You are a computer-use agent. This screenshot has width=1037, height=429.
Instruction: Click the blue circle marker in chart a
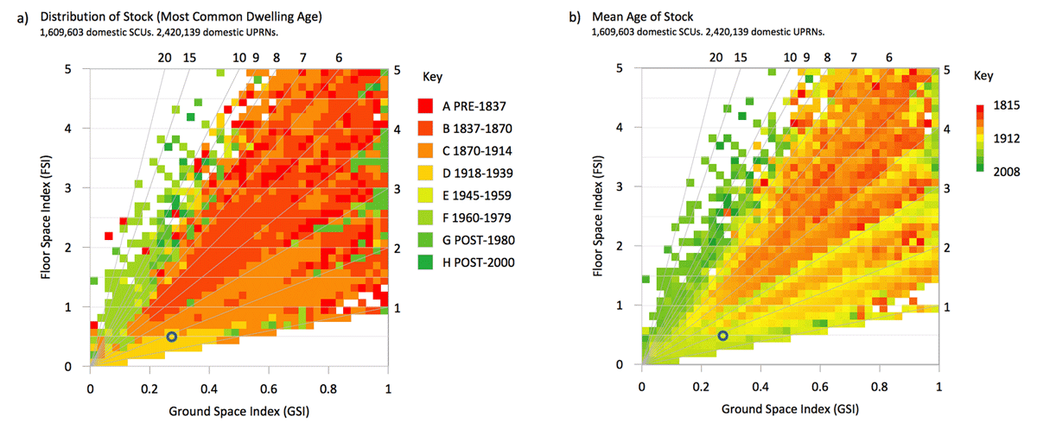pos(172,337)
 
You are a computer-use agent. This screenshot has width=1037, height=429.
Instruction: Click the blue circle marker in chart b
pos(723,336)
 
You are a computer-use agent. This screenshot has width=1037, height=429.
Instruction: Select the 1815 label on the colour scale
pos(1008,104)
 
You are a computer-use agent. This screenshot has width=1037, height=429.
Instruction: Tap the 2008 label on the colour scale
pos(1008,171)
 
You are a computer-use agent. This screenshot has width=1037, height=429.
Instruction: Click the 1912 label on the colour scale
pos(1008,138)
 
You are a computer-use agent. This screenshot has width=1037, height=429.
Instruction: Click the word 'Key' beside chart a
pos(433,76)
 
